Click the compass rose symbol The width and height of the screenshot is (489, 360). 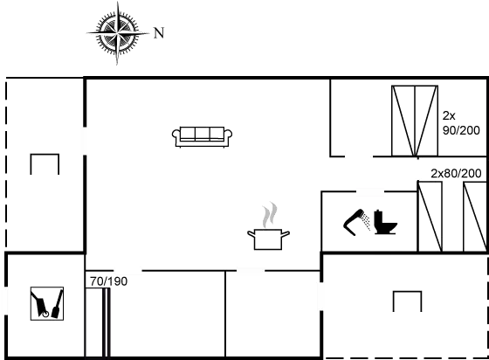tap(118, 32)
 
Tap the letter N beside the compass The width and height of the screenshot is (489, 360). tap(159, 32)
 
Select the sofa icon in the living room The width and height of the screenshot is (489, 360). tap(202, 136)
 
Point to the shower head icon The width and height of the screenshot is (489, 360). tap(356, 221)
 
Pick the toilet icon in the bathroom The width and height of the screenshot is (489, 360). tap(385, 222)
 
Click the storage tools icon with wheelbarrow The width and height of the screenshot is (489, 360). tap(47, 303)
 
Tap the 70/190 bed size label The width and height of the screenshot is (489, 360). tap(109, 281)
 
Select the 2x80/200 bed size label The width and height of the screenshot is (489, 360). tap(456, 173)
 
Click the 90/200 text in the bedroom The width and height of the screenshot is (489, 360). tap(461, 130)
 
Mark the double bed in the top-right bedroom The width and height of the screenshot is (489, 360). tap(415, 121)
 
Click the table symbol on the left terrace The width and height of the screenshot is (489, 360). tap(45, 163)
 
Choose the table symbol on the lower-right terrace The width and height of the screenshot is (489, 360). tap(407, 301)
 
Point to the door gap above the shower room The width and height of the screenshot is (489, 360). tap(370, 191)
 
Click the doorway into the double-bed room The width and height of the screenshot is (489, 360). tap(359, 156)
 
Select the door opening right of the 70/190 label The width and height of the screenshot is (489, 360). tap(127, 271)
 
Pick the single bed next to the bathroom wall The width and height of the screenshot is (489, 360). tap(430, 217)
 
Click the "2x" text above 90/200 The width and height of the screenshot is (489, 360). tap(449, 115)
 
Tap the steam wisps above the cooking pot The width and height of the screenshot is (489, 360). tap(270, 215)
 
